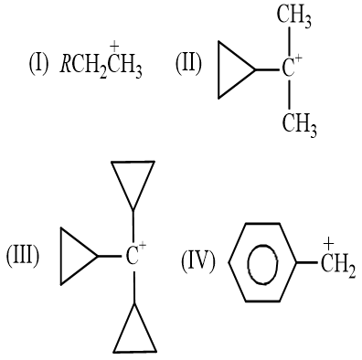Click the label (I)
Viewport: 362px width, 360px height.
tap(38, 64)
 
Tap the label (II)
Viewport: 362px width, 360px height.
tap(188, 64)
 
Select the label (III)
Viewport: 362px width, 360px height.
tap(23, 257)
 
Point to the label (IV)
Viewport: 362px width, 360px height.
tap(198, 261)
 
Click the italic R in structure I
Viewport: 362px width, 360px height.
tap(65, 64)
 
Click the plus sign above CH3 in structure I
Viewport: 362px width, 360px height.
tap(114, 48)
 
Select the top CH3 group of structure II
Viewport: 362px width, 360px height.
tap(294, 16)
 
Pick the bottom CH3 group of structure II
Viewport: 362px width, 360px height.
tap(299, 124)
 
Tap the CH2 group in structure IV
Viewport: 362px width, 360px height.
tap(338, 266)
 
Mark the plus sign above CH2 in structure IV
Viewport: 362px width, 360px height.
tap(329, 243)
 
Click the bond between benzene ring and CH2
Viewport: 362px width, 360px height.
tap(307, 262)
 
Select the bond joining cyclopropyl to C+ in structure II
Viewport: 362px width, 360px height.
tap(267, 70)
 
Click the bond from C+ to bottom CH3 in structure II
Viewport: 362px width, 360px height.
tap(289, 95)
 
